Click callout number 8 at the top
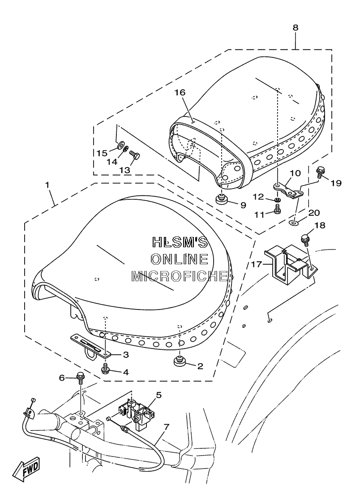tap(295, 28)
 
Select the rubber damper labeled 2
tap(180, 361)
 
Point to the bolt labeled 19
tap(320, 172)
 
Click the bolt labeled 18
tap(304, 241)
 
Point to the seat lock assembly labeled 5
tap(134, 414)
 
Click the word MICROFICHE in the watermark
tap(180, 276)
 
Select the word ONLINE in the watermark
tap(180, 259)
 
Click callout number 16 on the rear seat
tap(180, 92)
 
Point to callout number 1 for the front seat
tap(47, 185)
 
